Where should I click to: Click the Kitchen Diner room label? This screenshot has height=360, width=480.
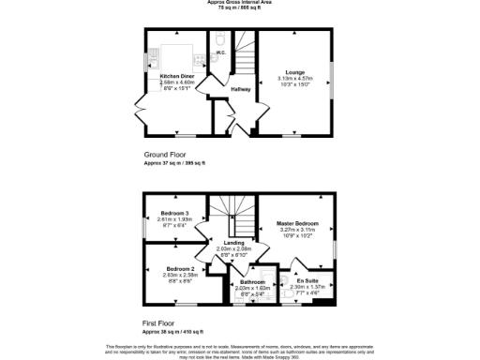pos(177,76)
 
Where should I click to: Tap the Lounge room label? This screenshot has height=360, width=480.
pos(294,71)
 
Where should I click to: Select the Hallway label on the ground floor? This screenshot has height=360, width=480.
pos(241,89)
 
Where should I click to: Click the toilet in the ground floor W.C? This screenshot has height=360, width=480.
pos(218,38)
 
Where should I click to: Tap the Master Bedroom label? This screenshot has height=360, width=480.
pos(297,223)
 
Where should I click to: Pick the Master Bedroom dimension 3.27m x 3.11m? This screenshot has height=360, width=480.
pos(297,229)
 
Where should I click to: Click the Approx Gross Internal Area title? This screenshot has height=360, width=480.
pos(240,3)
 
